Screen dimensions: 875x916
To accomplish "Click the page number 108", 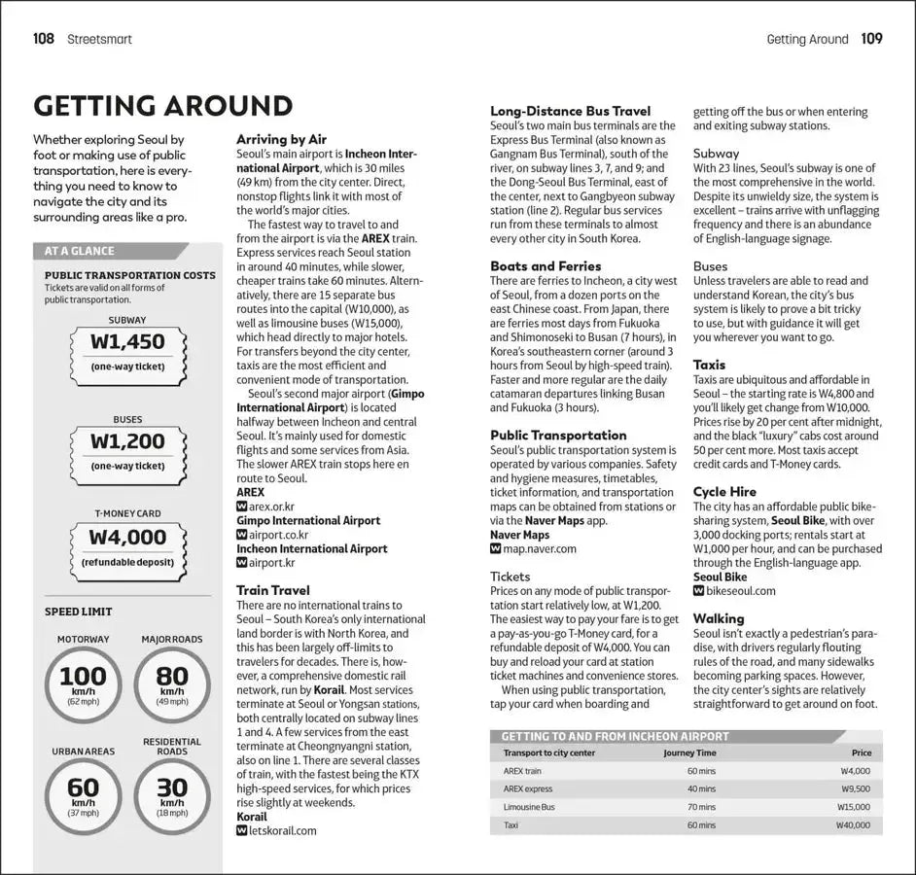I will coord(44,39).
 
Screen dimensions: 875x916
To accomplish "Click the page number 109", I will coord(871,39).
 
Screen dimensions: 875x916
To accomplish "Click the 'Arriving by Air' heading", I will coord(282,139).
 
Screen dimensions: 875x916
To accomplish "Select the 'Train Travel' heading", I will coord(273,590).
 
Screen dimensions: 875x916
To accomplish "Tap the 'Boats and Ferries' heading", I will coord(546,265).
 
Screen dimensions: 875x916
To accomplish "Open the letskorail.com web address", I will coord(283,830).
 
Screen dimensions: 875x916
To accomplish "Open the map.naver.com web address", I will coord(540,548).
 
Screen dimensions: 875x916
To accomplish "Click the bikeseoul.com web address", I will coord(740,590).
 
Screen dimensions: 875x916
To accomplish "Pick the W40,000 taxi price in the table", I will coord(853,824).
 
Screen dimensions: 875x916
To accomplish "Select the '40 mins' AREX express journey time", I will coord(701,788).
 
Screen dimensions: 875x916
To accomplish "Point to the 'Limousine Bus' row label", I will coord(529,807).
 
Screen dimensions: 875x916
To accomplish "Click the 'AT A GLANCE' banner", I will coord(80,251).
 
